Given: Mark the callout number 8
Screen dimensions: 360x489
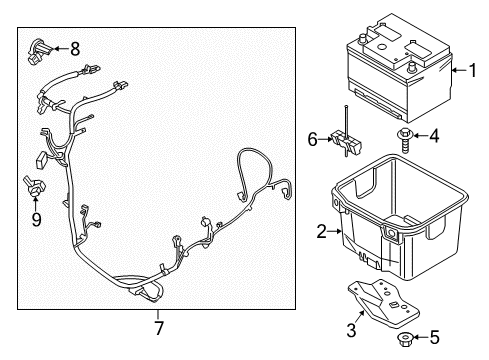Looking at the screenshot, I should (x=75, y=46).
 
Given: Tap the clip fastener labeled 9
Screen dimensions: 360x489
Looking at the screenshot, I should (x=33, y=185).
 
